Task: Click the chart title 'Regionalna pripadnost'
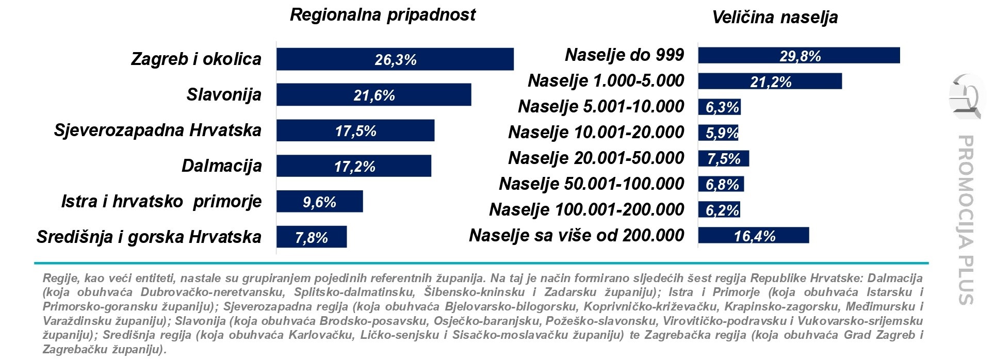pos(382,15)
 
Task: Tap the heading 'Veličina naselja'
pos(774,18)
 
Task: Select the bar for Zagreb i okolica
pos(395,59)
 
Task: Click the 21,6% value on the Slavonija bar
pos(374,95)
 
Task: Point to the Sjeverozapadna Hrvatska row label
pos(157,130)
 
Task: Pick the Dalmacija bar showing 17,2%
pos(353,166)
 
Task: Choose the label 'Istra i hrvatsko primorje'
pos(161,201)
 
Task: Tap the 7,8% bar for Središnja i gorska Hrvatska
pos(311,237)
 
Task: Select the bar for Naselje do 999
pos(798,56)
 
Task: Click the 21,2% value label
pos(770,82)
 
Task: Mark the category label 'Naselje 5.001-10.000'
pos(600,107)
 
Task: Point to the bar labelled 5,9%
pos(718,133)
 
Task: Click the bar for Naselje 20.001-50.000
pos(723,159)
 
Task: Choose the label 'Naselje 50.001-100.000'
pos(591,184)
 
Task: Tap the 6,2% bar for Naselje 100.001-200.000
pos(719,210)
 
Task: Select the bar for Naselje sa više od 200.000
pos(753,236)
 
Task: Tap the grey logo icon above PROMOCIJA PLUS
pos(965,96)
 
